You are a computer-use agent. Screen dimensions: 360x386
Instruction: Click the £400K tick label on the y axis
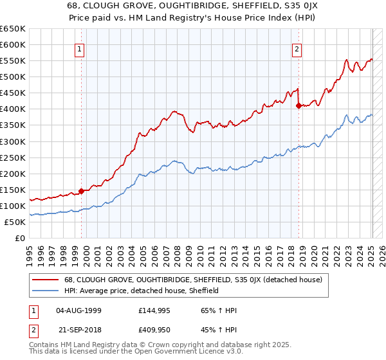pyautogui.click(x=13, y=109)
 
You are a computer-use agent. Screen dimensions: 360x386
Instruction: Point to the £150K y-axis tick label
pyautogui.click(x=13, y=190)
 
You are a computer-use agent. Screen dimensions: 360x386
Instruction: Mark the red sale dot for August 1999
pyautogui.click(x=82, y=191)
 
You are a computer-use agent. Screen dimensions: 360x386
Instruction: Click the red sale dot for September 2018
pyautogui.click(x=299, y=105)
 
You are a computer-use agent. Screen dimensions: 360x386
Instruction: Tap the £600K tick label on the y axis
pyautogui.click(x=13, y=44)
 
